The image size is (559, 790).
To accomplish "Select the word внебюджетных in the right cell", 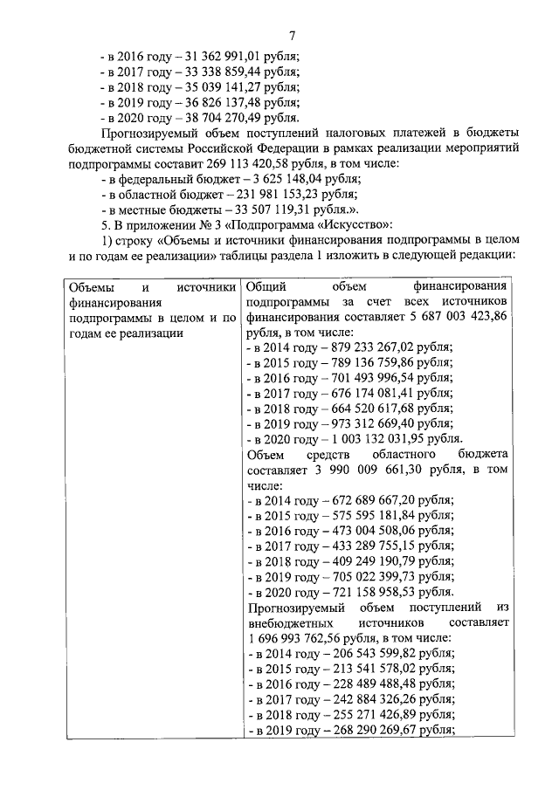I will [x=288, y=622].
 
